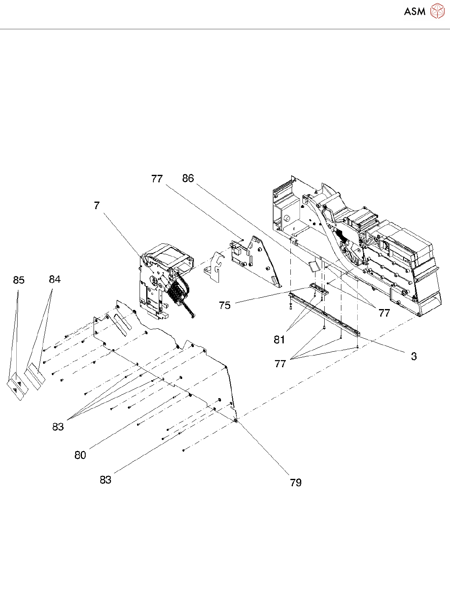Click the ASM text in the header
pyautogui.click(x=414, y=12)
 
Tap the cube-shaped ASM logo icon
pyautogui.click(x=437, y=11)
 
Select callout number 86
pyautogui.click(x=188, y=179)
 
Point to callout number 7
pyautogui.click(x=97, y=205)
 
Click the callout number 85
pyautogui.click(x=19, y=280)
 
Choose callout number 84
pyautogui.click(x=55, y=279)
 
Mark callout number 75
pyautogui.click(x=225, y=305)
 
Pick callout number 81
pyautogui.click(x=280, y=340)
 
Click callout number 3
pyautogui.click(x=414, y=356)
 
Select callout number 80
pyautogui.click(x=80, y=455)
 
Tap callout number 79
pyautogui.click(x=296, y=483)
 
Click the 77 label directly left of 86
pyautogui.click(x=157, y=179)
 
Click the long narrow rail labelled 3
pyautogui.click(x=324, y=314)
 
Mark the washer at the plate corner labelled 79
pyautogui.click(x=236, y=420)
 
